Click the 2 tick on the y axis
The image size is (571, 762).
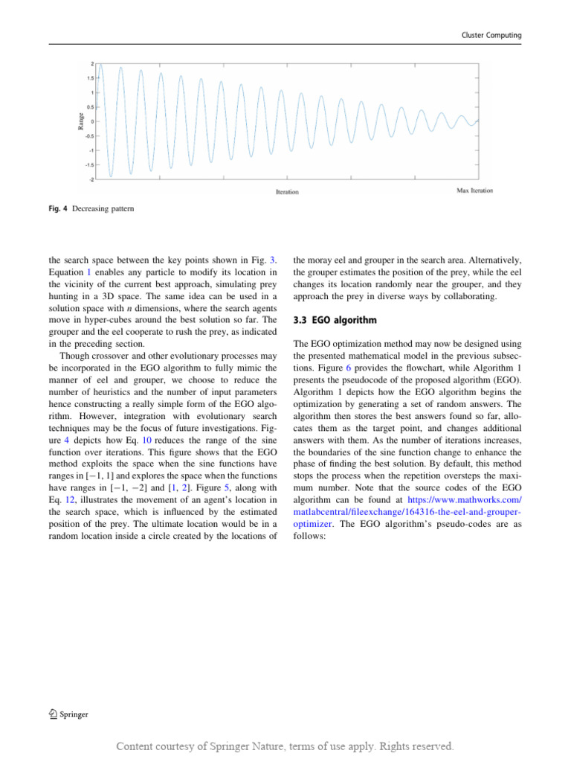click(x=93, y=64)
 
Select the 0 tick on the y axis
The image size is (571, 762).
click(x=93, y=122)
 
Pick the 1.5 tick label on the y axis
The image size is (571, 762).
click(x=90, y=78)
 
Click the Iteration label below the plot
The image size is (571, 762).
click(x=287, y=192)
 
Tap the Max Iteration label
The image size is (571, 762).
click(x=474, y=191)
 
